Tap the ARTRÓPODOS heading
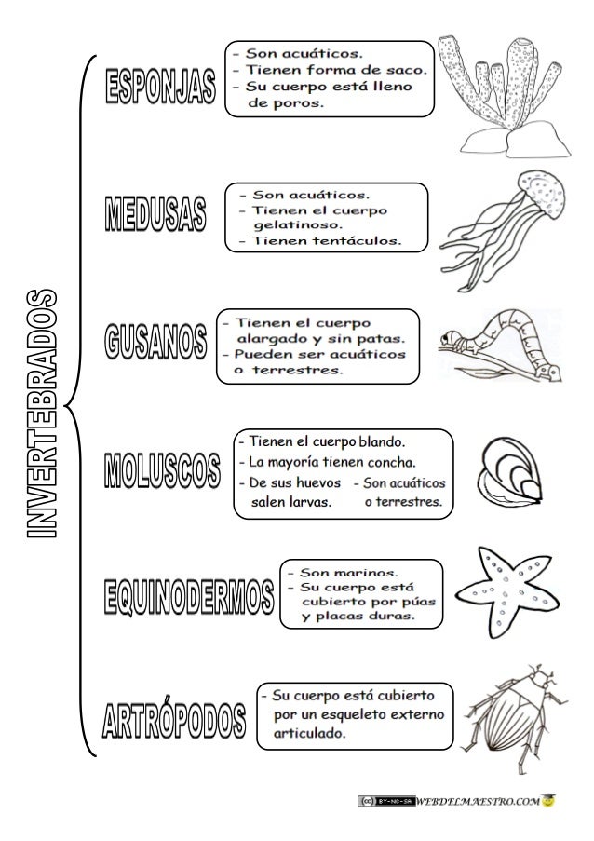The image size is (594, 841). click(174, 718)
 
